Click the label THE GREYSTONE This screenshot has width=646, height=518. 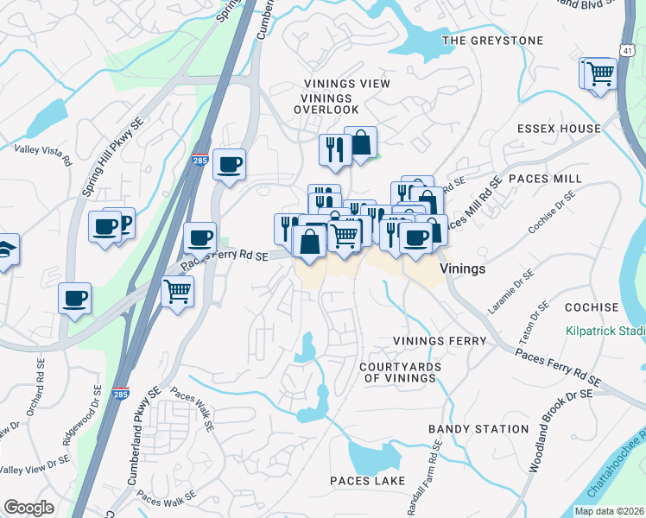[x=492, y=41]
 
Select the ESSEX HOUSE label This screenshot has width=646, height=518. [x=559, y=129]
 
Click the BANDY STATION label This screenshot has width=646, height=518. [x=478, y=429]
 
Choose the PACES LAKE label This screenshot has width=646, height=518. [x=363, y=480]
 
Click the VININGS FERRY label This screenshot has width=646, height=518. [x=440, y=341]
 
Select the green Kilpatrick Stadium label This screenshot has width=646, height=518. [x=605, y=331]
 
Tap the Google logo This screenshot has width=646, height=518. [x=28, y=508]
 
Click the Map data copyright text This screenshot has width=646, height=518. [x=609, y=511]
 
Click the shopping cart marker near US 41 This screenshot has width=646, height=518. [x=598, y=73]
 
